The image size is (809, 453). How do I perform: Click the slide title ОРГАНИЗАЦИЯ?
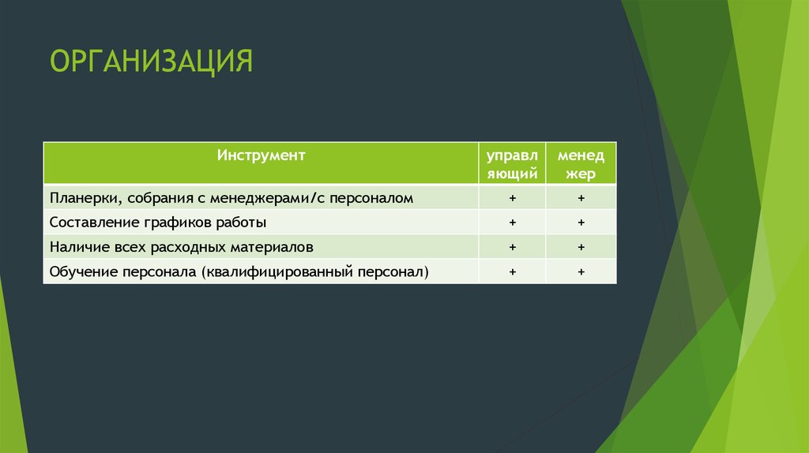coord(152,61)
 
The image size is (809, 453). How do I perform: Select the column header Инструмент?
coord(262,155)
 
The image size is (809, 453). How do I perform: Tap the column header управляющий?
coord(512,164)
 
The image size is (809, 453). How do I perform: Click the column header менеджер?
coord(581,164)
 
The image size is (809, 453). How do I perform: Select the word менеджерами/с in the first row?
coord(261,198)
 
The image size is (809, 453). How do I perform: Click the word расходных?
coord(187,247)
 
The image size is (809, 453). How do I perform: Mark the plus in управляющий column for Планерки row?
coord(512,198)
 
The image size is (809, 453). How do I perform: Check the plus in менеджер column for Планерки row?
coord(581,198)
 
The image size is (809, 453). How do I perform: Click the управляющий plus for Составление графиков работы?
coord(512,223)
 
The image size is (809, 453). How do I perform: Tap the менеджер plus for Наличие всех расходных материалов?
coord(581,247)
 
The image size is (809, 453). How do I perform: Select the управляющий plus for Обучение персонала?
coord(512,271)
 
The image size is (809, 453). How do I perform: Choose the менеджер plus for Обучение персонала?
coord(581,271)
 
